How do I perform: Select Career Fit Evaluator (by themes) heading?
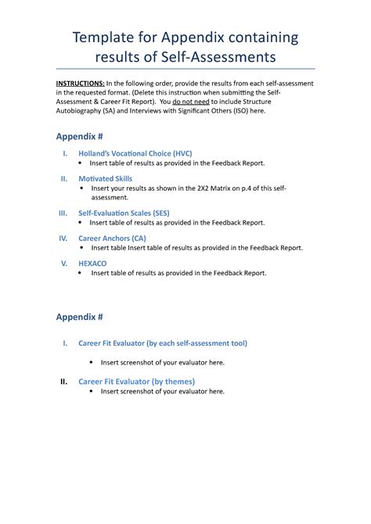137,382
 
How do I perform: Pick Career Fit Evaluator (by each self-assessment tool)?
163,343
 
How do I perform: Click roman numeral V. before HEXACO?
65,264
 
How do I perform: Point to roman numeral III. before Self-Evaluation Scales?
63,213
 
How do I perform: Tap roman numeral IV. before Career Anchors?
63,238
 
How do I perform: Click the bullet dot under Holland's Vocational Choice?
82,163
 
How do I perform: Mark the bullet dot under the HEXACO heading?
82,274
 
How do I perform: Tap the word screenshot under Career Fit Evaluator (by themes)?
134,391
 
